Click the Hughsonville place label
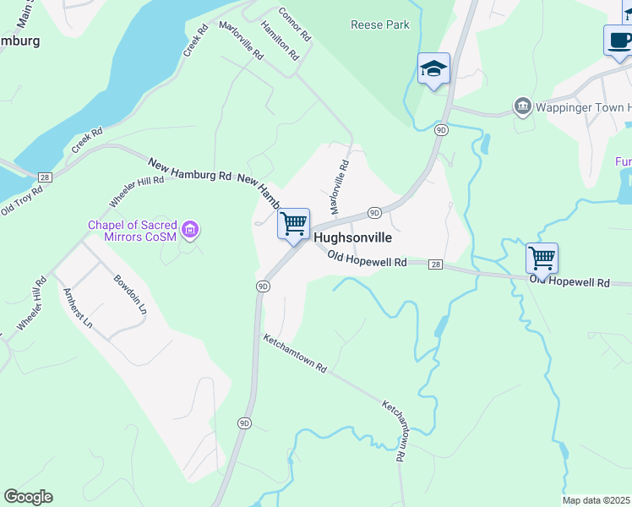click(x=352, y=238)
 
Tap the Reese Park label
click(x=380, y=25)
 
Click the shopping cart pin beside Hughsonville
click(x=293, y=225)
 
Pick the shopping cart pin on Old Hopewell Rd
click(x=542, y=259)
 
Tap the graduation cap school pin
click(x=433, y=69)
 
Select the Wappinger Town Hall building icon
click(x=522, y=107)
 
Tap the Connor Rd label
click(x=295, y=26)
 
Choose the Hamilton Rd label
click(x=281, y=41)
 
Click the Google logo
click(x=28, y=497)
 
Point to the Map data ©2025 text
click(x=597, y=500)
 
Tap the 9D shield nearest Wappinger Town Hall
click(x=441, y=130)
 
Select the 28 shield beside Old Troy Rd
click(x=46, y=176)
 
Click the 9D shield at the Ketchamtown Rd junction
click(x=263, y=286)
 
